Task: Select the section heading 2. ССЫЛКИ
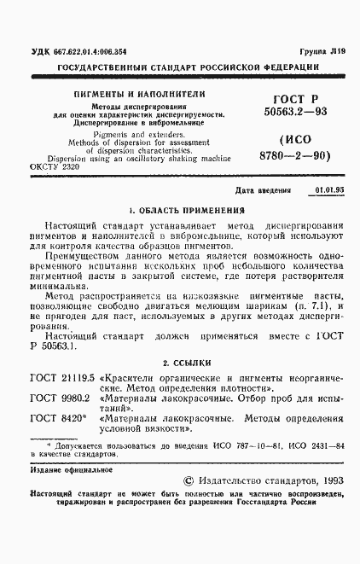click(181, 363)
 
